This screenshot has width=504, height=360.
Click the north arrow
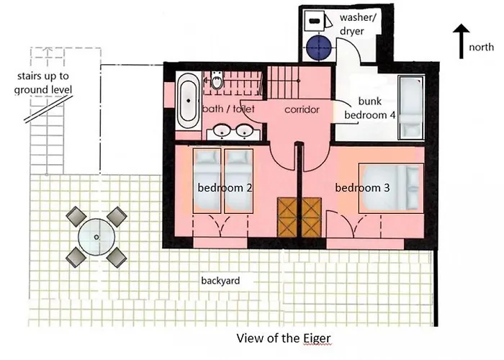462,41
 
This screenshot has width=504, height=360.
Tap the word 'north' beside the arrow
481,47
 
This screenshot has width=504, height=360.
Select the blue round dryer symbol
318,48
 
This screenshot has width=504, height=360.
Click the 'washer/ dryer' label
357,24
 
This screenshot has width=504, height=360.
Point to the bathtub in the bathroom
189,102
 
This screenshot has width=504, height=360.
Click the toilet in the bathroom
217,80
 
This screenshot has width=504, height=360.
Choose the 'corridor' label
302,109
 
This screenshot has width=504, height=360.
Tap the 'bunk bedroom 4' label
369,108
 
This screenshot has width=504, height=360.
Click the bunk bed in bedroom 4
411,107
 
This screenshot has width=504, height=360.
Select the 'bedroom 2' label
225,188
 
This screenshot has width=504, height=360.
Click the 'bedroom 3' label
362,188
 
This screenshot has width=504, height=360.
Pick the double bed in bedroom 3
391,188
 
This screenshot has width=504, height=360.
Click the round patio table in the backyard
96,237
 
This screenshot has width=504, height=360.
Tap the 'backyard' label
220,281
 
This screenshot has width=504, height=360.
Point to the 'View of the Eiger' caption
284,338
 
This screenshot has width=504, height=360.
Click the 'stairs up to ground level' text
42,83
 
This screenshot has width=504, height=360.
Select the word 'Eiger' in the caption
317,339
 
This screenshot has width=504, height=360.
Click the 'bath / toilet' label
228,109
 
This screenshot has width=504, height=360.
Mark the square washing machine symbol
314,21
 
